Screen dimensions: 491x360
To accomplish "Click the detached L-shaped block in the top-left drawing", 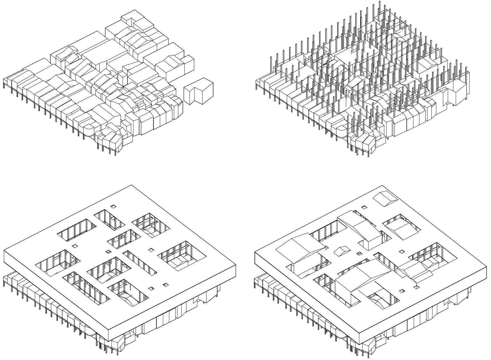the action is (x=199, y=91).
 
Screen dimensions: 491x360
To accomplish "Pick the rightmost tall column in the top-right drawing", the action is (x=467, y=79).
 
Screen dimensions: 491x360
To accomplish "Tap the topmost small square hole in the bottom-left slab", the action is (x=113, y=206).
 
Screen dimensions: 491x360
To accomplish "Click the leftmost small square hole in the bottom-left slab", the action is (x=75, y=246).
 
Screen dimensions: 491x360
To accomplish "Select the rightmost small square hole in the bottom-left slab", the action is (x=166, y=285).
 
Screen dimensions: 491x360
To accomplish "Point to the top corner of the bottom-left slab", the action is (x=131, y=185).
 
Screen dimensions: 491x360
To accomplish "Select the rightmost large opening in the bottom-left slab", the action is (x=182, y=256).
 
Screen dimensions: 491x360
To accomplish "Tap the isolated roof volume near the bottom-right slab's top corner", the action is (x=385, y=198).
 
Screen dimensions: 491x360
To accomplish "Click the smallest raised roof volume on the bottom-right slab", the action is (x=343, y=251).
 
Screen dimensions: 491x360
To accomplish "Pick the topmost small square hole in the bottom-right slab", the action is (x=364, y=207).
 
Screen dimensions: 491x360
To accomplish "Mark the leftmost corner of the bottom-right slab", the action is (x=255, y=252).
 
